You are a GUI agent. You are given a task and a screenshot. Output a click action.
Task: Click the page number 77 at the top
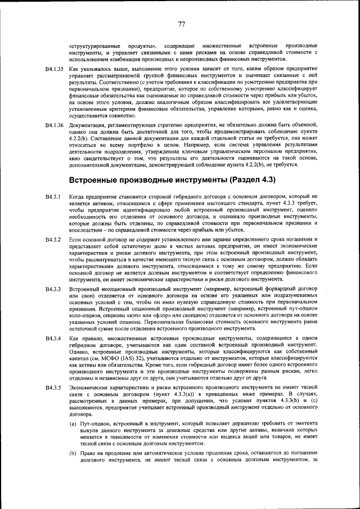coord(182,24)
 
